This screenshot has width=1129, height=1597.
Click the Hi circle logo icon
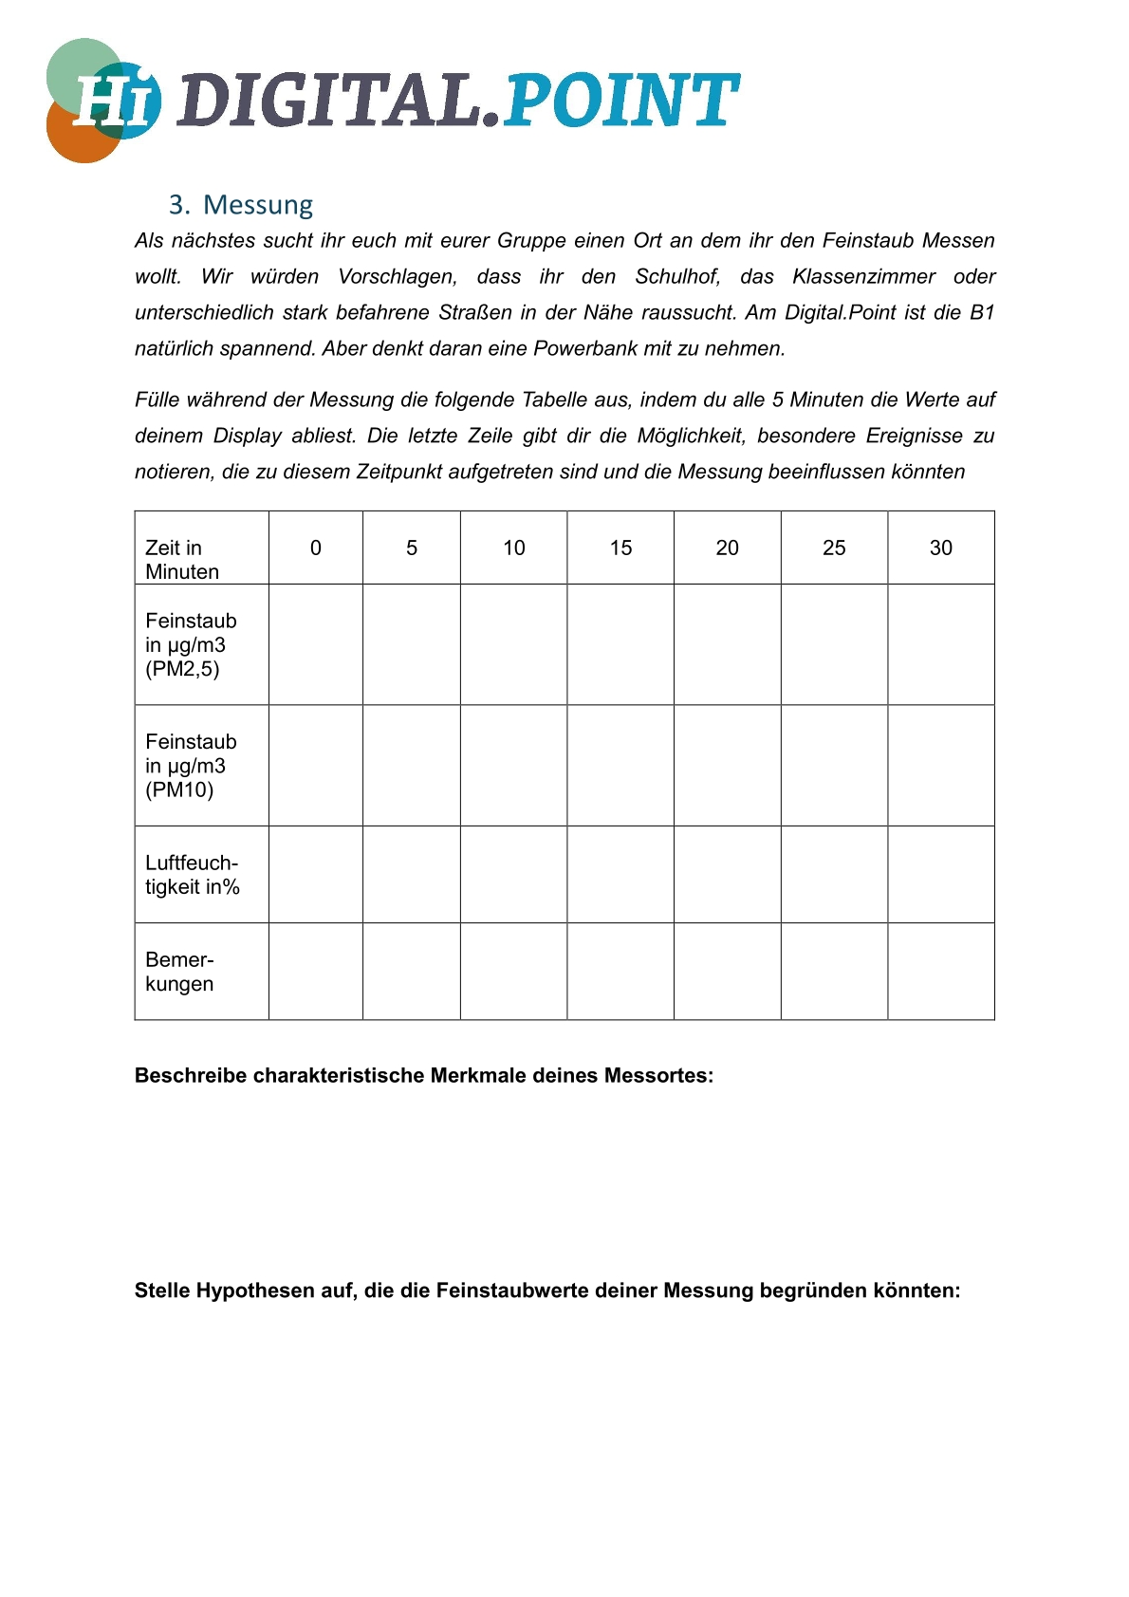coord(102,101)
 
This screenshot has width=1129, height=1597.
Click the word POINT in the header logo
coord(620,101)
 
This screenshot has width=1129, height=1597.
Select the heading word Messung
coord(258,205)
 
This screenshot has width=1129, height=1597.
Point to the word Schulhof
coord(677,276)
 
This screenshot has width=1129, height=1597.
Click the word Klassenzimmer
coord(863,276)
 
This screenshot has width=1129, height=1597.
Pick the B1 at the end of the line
coord(981,312)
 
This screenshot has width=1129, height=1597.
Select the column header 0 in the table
coord(316,548)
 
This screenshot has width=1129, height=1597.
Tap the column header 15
coord(620,548)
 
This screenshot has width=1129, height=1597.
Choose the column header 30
coord(940,548)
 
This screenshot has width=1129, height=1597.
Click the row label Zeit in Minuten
coord(182,559)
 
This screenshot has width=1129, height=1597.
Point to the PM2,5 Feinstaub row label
coord(191,644)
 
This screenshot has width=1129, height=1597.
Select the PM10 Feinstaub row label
coord(191,765)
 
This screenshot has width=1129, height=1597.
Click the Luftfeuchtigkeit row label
coord(192,874)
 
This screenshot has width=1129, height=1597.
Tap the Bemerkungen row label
coord(179,971)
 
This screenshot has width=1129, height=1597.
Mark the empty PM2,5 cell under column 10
coord(513,644)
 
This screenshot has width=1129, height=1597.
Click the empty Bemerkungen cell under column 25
coord(834,971)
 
